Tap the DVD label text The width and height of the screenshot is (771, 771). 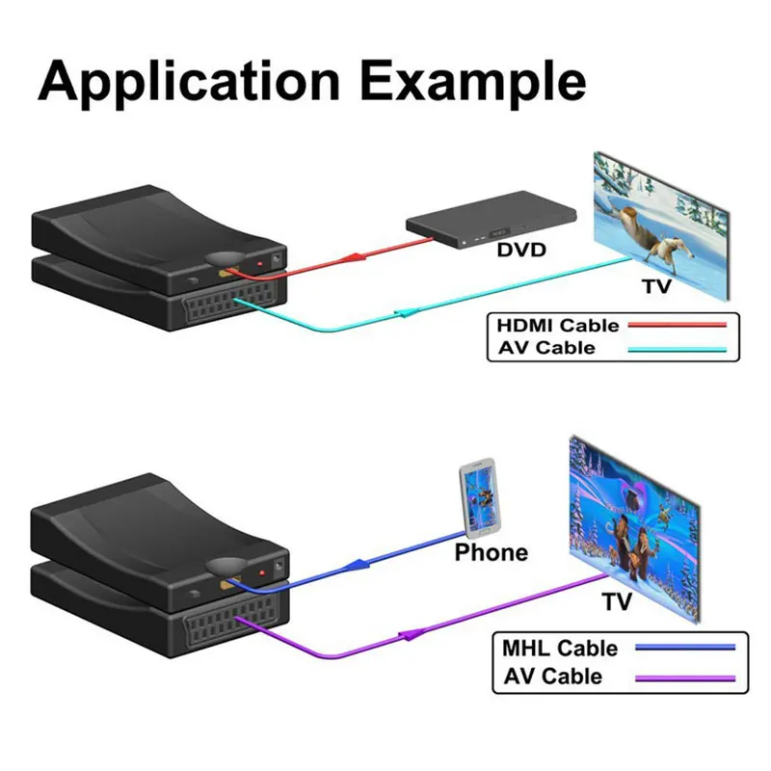pyautogui.click(x=521, y=252)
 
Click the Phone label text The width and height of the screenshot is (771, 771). pyautogui.click(x=492, y=552)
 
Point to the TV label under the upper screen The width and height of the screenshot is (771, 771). pyautogui.click(x=655, y=286)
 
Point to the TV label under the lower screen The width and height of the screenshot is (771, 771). pyautogui.click(x=617, y=602)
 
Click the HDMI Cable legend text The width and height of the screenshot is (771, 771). pyautogui.click(x=557, y=326)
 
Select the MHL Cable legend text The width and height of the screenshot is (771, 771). pyautogui.click(x=560, y=648)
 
